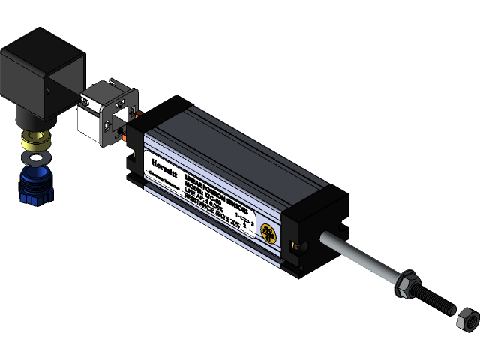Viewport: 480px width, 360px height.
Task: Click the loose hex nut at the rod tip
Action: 465,318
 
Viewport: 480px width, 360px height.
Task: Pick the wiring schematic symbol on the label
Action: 244,220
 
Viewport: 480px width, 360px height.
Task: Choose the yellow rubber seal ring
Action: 34,140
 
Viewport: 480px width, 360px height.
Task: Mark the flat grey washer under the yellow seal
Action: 34,157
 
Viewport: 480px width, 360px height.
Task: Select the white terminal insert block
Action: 107,113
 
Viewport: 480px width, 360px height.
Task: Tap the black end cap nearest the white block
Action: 135,150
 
